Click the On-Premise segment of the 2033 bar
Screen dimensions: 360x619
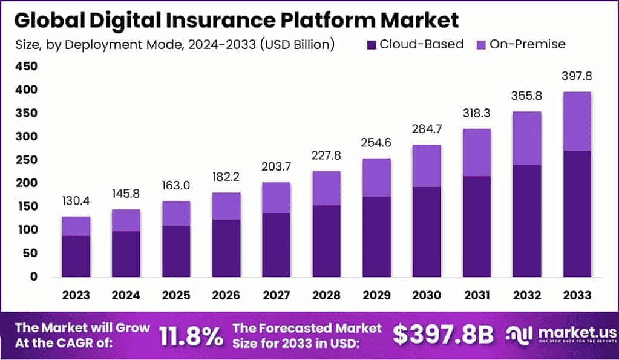point(576,121)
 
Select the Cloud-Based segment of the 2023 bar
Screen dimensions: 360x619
point(76,256)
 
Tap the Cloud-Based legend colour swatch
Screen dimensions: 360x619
point(372,44)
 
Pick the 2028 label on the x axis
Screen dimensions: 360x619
point(326,295)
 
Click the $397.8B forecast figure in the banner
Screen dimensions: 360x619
point(443,335)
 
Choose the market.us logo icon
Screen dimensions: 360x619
point(519,335)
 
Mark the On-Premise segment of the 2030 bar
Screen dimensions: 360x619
point(426,166)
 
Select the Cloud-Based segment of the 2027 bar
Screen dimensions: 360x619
point(276,244)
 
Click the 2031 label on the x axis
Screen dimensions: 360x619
point(476,295)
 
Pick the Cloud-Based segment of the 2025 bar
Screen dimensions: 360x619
point(176,251)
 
